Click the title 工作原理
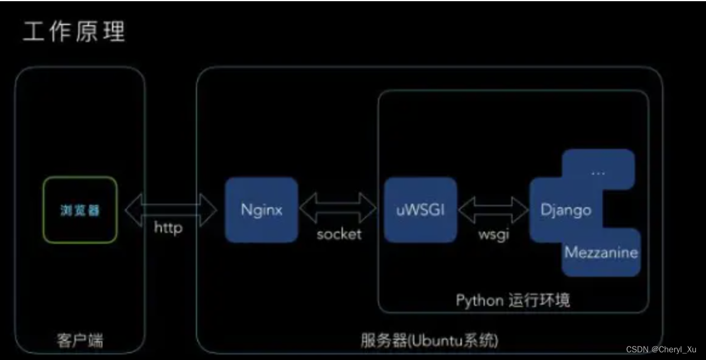74,33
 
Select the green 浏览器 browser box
80,210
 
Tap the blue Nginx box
261,210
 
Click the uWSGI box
420,210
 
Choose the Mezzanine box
601,252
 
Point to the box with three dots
598,172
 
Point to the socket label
339,233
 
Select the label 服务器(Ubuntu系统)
430,341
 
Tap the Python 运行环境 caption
513,300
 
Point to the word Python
479,300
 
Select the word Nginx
261,210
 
